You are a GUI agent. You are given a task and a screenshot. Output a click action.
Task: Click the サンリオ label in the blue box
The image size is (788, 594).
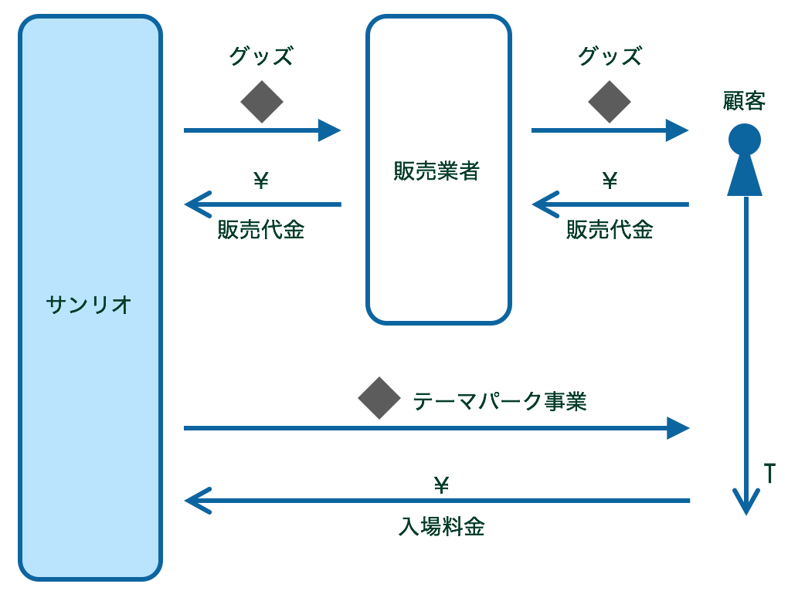pos(90,305)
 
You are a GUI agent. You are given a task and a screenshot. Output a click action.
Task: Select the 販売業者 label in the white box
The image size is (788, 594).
pos(437,171)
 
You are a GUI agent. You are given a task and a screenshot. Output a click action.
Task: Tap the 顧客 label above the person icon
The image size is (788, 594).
pos(744,101)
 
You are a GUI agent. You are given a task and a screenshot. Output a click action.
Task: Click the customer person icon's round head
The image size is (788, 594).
pos(745,140)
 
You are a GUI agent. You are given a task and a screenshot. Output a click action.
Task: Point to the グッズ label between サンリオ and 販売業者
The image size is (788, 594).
pos(261,57)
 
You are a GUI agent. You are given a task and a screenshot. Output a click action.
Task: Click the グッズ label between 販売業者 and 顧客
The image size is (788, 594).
pos(610,57)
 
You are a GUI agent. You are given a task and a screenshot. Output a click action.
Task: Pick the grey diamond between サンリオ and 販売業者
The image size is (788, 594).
pos(262,102)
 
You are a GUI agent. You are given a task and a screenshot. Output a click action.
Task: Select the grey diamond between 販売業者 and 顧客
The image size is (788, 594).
pos(610,102)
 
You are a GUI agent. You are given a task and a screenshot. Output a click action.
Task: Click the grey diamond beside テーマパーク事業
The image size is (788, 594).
pos(379,398)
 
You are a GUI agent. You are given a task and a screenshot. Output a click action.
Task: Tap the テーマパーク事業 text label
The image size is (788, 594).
pos(500,401)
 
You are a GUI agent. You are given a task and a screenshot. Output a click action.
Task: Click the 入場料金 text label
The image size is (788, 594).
pos(441,527)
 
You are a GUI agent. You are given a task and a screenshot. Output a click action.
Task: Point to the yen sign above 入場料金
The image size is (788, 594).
pos(441,485)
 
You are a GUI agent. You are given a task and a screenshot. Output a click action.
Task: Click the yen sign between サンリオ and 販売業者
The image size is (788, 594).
pos(261,181)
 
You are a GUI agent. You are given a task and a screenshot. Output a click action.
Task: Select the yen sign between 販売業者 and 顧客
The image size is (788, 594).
pos(610,181)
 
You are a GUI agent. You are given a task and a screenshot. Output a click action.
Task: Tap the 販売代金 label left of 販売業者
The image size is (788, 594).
pos(261,230)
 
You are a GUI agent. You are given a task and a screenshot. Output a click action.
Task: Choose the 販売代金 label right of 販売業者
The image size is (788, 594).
pos(610,230)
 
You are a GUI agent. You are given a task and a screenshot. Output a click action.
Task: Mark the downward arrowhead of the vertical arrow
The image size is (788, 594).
pos(746,505)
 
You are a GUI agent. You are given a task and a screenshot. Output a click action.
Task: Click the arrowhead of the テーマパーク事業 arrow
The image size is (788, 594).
pos(678,427)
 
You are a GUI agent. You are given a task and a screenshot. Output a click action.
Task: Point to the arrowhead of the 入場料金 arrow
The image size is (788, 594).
pos(196,501)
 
